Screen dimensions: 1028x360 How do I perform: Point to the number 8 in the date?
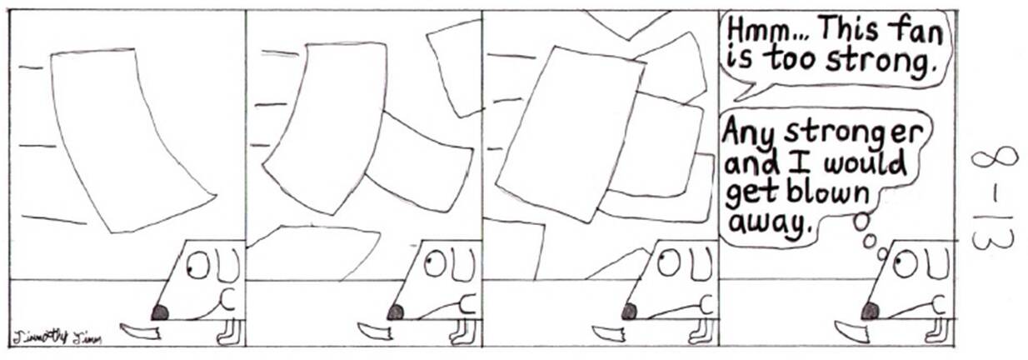coord(994,163)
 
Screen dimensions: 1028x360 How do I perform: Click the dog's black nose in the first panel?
coord(160,313)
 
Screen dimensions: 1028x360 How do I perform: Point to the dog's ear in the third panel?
coord(701,265)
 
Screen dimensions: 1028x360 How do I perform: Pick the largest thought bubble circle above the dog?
coord(863,222)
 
